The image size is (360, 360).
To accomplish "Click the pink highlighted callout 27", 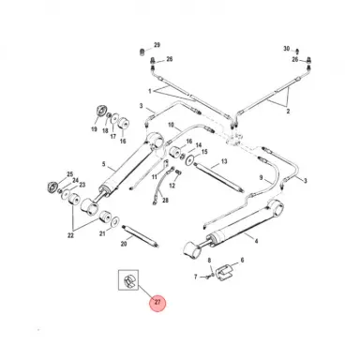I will (x=157, y=302).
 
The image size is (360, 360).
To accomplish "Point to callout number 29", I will (x=157, y=45).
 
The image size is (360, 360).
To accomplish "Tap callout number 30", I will (x=287, y=48).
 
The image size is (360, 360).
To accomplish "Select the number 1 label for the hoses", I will (x=149, y=91).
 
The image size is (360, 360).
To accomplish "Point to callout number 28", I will (x=165, y=200).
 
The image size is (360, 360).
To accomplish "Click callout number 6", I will (x=242, y=262).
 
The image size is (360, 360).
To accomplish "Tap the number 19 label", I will (x=95, y=130).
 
